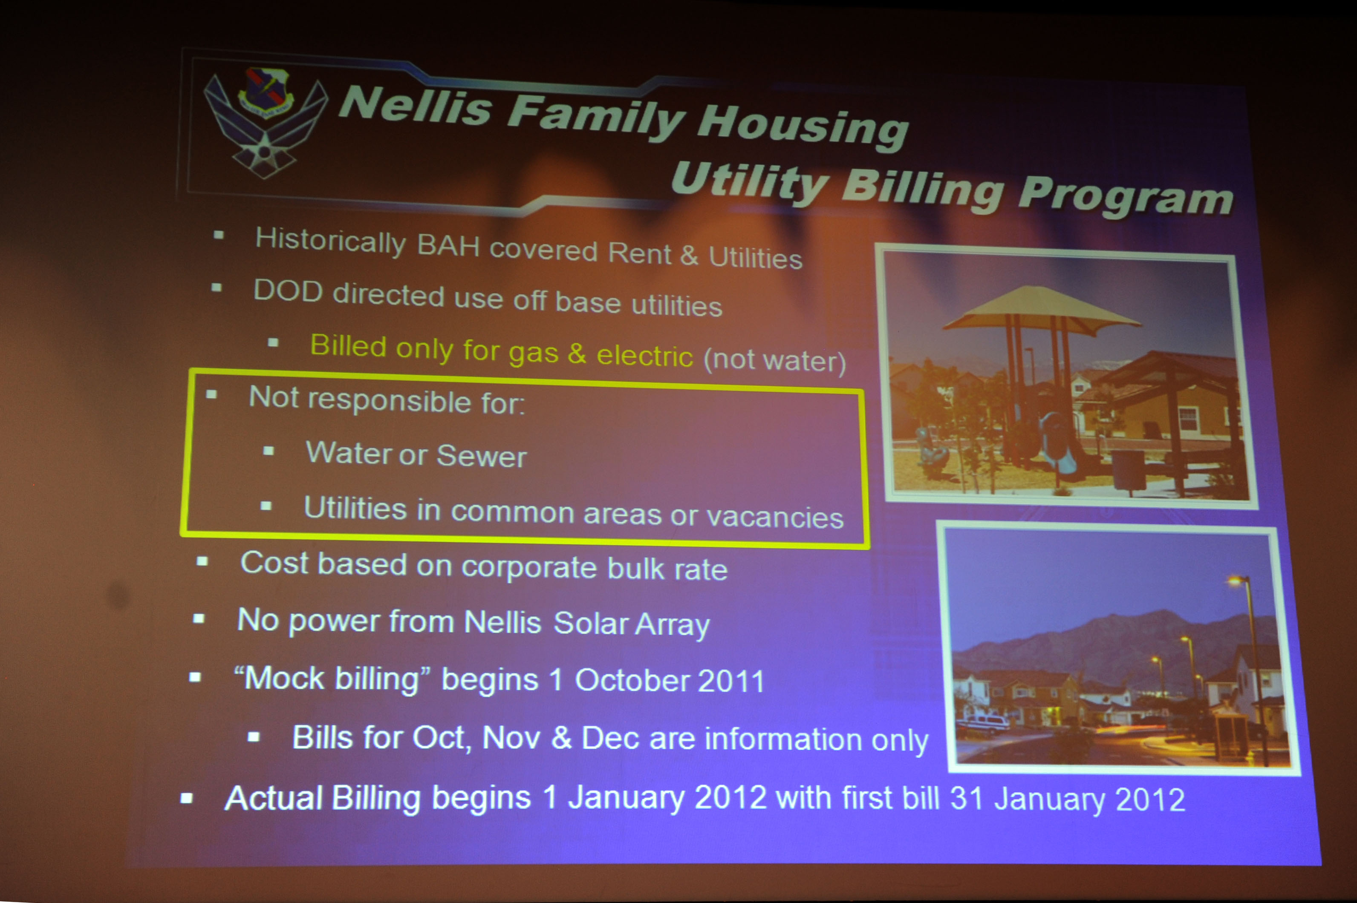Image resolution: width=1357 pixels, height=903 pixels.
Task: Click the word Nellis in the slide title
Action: [x=414, y=105]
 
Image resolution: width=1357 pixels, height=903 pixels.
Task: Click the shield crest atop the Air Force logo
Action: [x=266, y=91]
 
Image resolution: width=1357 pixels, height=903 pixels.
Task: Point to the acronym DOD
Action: [x=288, y=291]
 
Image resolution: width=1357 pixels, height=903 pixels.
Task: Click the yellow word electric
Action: [x=644, y=355]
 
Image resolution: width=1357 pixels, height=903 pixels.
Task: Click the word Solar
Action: [x=591, y=623]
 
